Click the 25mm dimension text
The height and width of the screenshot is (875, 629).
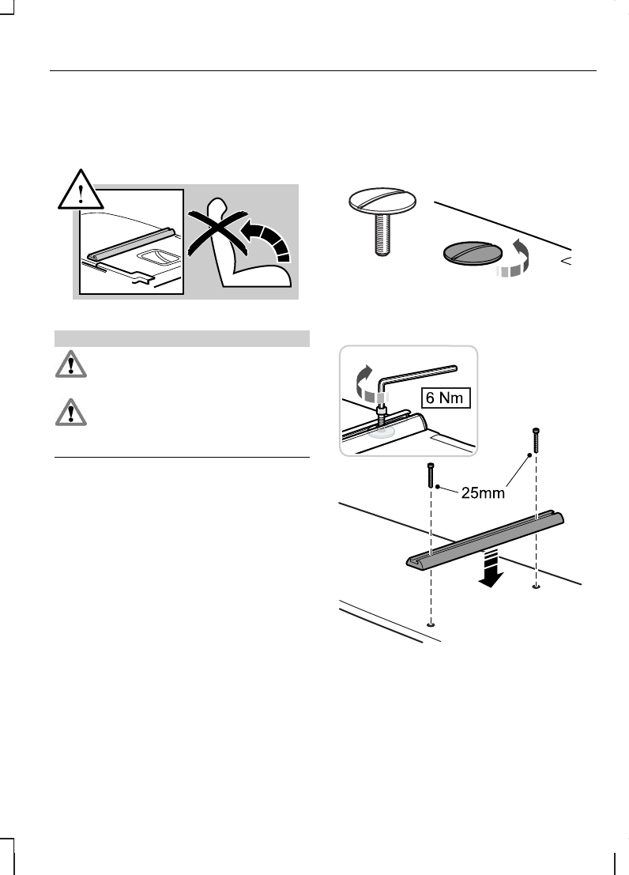pos(481,493)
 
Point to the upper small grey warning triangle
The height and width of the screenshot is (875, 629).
pos(69,365)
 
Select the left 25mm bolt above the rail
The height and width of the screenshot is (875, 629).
pos(431,477)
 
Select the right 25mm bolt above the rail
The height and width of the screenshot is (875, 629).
pos(537,439)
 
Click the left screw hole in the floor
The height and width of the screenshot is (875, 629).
pos(431,624)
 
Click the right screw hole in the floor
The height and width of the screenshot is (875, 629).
pos(537,586)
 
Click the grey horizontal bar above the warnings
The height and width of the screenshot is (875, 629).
pos(181,338)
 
